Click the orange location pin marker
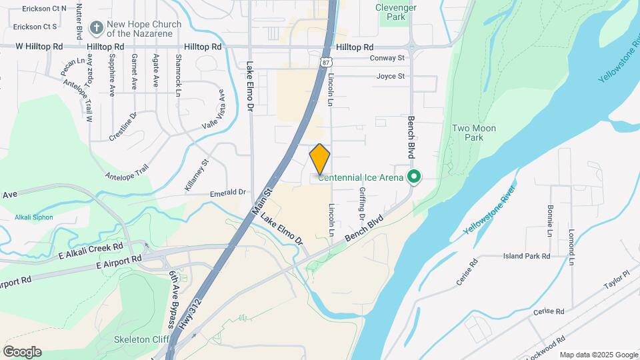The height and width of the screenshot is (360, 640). [x=320, y=159]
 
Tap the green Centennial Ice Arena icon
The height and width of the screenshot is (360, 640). [x=414, y=177]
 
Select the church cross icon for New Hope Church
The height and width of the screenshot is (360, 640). [x=97, y=28]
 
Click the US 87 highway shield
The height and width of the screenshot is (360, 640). [x=325, y=62]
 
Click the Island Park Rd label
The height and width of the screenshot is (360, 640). [x=526, y=256]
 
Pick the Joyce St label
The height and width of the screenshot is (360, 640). [x=390, y=76]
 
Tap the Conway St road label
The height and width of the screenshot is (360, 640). [x=387, y=58]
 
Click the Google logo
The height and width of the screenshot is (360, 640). [x=22, y=351]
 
